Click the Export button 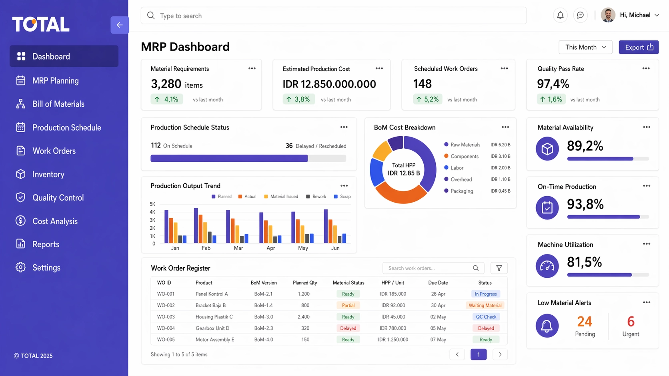click(638, 47)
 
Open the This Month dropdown click(585, 47)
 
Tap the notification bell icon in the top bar click(560, 15)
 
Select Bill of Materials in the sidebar click(58, 104)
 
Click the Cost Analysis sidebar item click(55, 221)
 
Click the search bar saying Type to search click(333, 16)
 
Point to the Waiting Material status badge click(485, 305)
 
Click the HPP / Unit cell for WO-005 click(393, 340)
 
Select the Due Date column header click(438, 282)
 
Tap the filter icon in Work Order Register click(499, 268)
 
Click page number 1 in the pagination click(478, 354)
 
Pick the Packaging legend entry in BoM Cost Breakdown click(461, 191)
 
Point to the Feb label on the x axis click(206, 248)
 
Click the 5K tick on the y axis click(152, 204)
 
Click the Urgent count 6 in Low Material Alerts click(631, 322)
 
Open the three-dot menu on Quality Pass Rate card click(646, 68)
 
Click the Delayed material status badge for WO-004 click(348, 328)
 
